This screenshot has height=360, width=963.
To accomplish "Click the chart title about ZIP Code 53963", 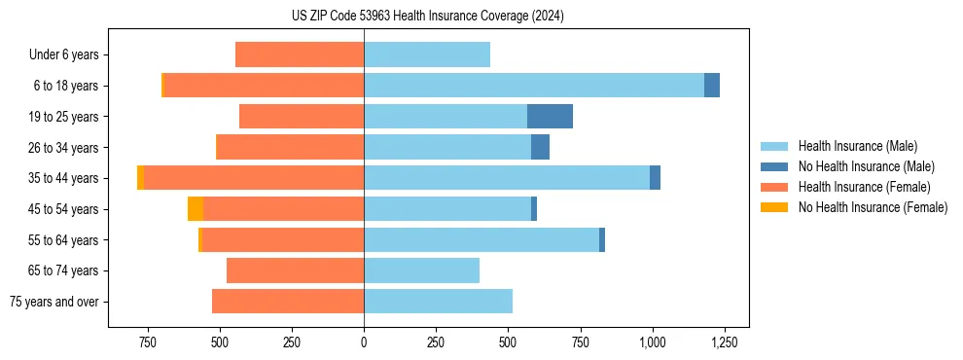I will (x=427, y=17).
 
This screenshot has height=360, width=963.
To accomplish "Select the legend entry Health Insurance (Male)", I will (x=856, y=146).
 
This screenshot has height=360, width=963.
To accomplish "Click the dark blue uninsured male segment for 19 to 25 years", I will (x=550, y=117).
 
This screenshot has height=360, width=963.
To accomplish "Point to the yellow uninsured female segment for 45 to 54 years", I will (x=196, y=209).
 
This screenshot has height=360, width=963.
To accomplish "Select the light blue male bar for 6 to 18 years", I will (x=534, y=86).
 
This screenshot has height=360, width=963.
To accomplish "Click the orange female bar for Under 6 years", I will (x=300, y=54).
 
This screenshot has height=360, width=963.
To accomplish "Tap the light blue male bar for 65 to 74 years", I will (x=421, y=270).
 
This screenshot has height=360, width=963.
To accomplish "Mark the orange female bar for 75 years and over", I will (x=288, y=302).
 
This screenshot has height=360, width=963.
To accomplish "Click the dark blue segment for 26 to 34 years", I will (x=540, y=148).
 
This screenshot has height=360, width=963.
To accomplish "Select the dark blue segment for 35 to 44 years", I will (x=655, y=178).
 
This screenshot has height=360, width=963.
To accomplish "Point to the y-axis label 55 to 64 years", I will (x=63, y=240).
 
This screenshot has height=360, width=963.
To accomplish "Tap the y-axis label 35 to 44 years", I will (x=63, y=178).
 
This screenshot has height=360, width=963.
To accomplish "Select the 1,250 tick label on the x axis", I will (x=724, y=342).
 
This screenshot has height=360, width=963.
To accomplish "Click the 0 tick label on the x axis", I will (x=364, y=342).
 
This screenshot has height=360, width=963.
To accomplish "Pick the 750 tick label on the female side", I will (x=148, y=342).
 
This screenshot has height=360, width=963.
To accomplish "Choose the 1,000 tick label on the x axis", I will (x=652, y=342).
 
